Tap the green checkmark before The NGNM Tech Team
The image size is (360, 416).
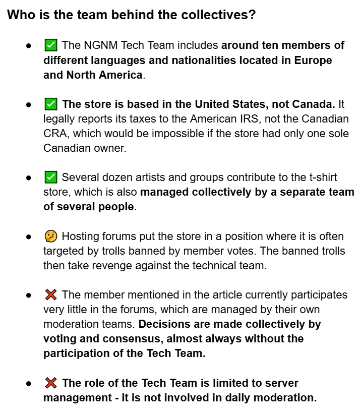(50, 46)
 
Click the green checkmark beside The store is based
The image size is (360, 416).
(50, 105)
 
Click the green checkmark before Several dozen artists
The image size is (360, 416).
(50, 178)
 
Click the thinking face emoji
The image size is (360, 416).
(50, 236)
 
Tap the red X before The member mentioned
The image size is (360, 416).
(50, 295)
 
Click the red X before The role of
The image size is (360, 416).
(50, 383)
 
